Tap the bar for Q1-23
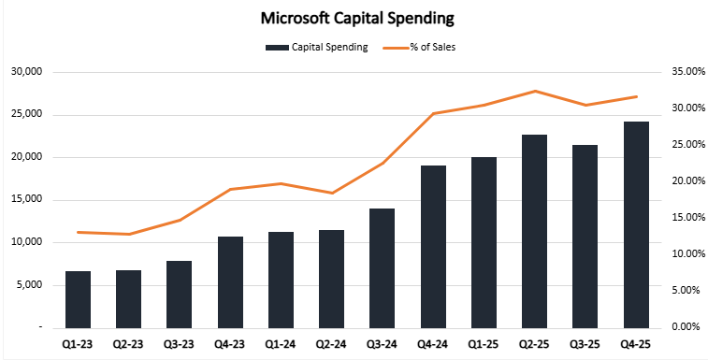click(x=79, y=299)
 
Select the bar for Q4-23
click(x=230, y=281)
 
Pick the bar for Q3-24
click(x=382, y=267)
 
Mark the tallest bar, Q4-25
click(x=636, y=224)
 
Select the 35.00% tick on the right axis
click(x=679, y=72)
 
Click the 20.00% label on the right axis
click(x=679, y=181)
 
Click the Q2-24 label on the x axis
click(x=331, y=343)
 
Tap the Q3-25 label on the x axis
click(x=585, y=343)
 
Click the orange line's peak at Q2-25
click(x=534, y=91)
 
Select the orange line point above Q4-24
click(x=432, y=113)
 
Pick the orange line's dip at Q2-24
click(x=331, y=193)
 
